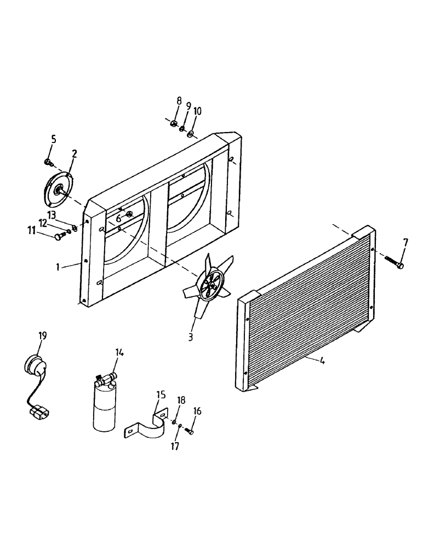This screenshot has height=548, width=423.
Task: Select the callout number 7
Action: pos(405,242)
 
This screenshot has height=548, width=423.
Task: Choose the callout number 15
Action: pos(161,395)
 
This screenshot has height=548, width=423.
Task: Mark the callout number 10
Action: pos(197,111)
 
